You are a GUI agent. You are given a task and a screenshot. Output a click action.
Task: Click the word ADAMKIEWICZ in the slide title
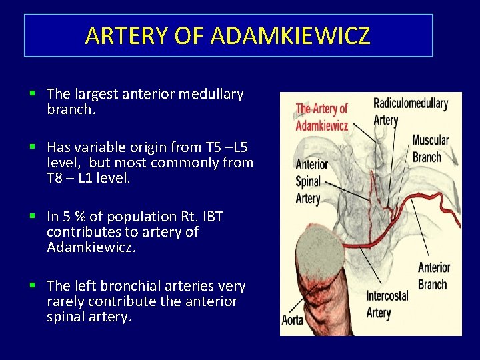point(290,35)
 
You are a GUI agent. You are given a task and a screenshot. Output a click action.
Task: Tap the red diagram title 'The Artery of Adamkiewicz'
point(322,116)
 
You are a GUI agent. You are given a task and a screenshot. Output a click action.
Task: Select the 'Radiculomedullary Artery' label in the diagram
point(410,111)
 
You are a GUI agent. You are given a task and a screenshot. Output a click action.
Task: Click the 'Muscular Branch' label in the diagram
point(430,148)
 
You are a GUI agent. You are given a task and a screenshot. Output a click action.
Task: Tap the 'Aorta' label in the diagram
point(293,320)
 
